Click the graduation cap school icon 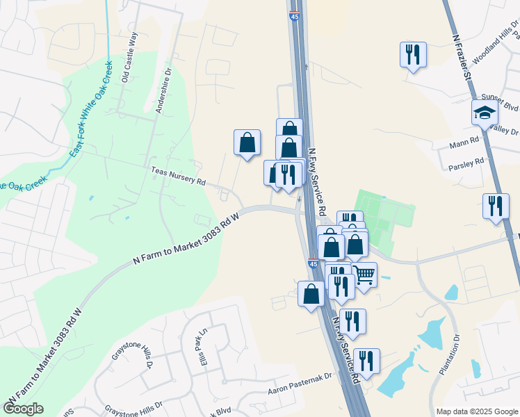[x=485, y=111]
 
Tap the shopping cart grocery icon [x=364, y=275]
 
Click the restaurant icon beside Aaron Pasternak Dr [x=366, y=361]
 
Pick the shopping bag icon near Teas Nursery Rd [x=247, y=142]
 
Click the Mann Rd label [x=465, y=141]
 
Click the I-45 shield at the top [x=295, y=13]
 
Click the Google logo [x=24, y=409]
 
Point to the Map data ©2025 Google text [x=476, y=411]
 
